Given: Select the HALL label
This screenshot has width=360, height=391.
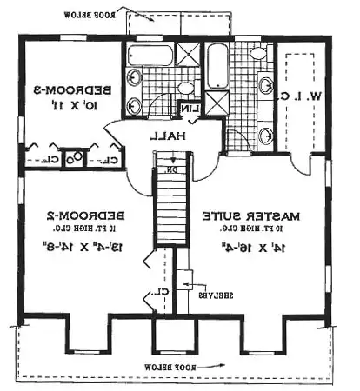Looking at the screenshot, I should [163, 136].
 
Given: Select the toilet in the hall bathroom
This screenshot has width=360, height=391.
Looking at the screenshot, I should [185, 88].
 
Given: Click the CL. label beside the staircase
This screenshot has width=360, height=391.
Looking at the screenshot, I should [167, 295].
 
